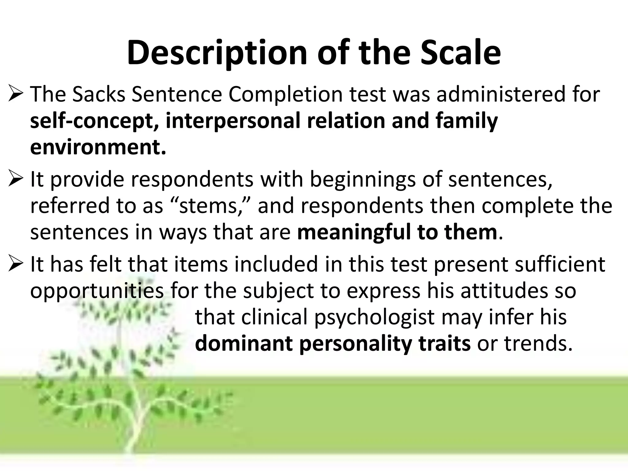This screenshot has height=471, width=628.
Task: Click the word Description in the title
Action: click(216, 53)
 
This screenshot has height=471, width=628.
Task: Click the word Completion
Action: click(285, 95)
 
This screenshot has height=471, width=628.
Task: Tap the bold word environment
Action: click(98, 147)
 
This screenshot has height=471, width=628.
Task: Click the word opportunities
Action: click(97, 291)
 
